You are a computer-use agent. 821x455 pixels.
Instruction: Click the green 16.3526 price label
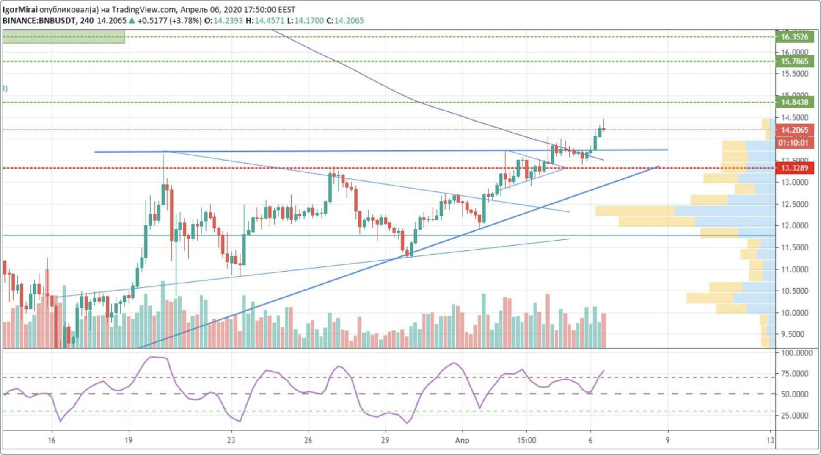794,37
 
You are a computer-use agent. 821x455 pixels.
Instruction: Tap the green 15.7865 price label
794,61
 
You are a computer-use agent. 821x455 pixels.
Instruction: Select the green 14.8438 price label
794,102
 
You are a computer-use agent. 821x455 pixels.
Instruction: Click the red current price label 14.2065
794,130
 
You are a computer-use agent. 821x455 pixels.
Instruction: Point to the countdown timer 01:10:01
794,143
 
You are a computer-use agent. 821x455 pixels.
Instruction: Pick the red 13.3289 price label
794,168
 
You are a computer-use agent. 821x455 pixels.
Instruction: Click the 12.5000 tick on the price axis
794,204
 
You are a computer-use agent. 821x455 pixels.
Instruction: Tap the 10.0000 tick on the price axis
794,313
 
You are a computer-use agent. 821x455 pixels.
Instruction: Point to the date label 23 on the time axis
231,440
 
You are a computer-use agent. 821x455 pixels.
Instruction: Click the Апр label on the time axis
462,440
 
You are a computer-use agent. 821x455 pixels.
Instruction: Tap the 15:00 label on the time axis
526,440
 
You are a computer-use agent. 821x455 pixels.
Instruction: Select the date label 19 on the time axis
129,440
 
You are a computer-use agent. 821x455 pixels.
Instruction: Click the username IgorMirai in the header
20,9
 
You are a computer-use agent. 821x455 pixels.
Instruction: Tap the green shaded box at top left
63,36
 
